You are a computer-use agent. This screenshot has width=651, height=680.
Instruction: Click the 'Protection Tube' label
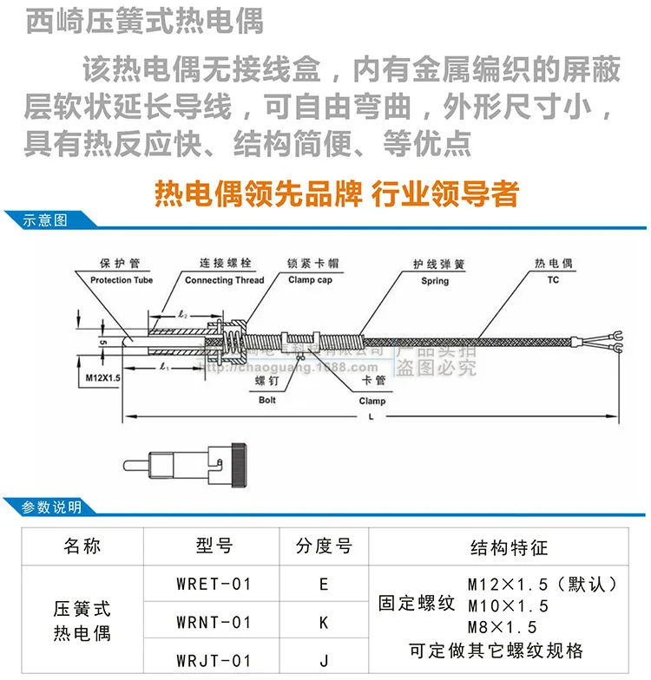[122, 280]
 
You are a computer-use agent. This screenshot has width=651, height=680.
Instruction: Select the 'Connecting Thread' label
[225, 280]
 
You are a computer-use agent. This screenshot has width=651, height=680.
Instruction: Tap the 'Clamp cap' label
[310, 280]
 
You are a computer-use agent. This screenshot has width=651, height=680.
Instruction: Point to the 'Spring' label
[435, 281]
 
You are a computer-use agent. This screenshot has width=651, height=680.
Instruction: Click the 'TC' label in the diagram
[553, 280]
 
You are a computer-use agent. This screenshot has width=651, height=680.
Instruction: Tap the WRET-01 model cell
[214, 584]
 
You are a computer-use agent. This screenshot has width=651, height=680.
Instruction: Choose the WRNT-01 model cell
[214, 622]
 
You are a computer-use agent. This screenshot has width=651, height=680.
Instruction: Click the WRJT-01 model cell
[214, 660]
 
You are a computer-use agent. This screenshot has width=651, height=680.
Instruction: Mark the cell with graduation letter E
[324, 584]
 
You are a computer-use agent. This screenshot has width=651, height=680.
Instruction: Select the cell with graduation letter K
[324, 622]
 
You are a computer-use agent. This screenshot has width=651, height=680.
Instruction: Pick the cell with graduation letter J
[324, 660]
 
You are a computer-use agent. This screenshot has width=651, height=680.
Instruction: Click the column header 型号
[214, 546]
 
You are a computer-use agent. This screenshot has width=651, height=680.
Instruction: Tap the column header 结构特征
[509, 546]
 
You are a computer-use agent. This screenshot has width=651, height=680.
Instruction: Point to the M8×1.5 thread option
[503, 626]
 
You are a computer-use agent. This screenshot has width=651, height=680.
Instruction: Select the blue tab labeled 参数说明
[51, 507]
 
